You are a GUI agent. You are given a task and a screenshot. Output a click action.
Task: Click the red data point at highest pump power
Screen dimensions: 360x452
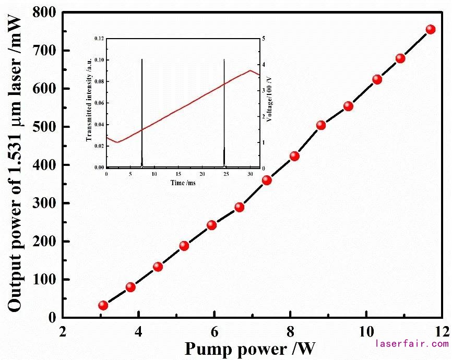[x=431, y=29]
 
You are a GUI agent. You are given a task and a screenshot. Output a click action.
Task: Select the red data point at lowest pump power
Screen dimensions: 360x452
[x=103, y=305]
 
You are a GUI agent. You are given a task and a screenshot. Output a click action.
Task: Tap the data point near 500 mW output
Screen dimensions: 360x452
[x=321, y=125]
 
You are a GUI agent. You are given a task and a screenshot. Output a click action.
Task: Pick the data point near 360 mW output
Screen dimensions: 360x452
[x=267, y=180]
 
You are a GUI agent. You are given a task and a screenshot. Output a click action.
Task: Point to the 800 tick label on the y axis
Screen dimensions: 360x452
[x=44, y=13]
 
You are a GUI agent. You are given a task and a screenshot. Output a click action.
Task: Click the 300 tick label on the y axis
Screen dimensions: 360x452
[x=44, y=203]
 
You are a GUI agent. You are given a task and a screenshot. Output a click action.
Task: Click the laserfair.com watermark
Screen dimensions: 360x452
[x=412, y=344]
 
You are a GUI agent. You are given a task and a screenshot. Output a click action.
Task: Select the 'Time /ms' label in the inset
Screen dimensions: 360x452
[x=183, y=183]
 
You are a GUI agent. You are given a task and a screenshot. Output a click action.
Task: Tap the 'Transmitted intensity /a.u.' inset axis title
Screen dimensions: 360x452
[x=89, y=103]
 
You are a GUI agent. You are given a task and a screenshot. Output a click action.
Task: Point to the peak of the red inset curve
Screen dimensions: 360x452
[x=251, y=70]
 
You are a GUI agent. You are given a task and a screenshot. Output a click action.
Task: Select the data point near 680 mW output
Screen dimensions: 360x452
[x=400, y=58]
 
